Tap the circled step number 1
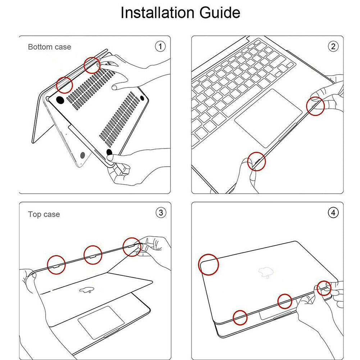pos(160,46)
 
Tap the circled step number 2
pos(333,46)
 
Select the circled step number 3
pos(160,213)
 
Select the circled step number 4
pos(333,213)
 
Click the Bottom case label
pos(50,47)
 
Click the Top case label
pos(44,214)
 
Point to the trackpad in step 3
pos(99,321)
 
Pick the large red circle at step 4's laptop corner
pos(209,264)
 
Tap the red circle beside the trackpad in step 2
pos(315,106)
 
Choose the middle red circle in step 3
pos(93,255)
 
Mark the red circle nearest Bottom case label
pos(65,85)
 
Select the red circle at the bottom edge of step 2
pos(256,161)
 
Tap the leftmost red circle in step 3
pos(56,264)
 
